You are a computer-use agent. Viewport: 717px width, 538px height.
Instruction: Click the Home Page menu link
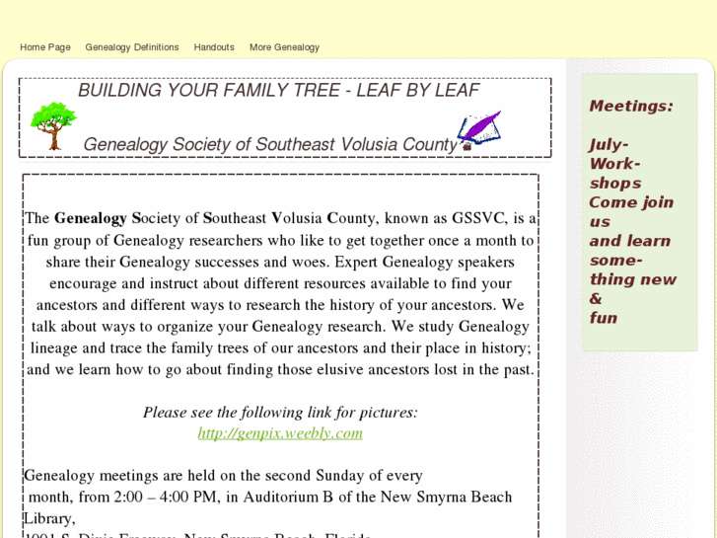click(45, 47)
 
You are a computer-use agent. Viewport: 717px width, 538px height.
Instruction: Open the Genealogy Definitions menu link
click(132, 47)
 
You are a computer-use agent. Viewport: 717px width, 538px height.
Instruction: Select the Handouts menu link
click(214, 47)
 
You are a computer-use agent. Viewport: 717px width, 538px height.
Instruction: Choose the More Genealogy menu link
click(284, 47)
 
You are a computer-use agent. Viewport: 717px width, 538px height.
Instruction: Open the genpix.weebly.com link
click(280, 433)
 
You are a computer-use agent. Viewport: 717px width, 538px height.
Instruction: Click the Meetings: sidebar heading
click(631, 107)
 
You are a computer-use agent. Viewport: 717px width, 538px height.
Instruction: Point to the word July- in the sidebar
click(609, 145)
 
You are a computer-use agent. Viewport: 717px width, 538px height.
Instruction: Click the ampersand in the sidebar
click(596, 299)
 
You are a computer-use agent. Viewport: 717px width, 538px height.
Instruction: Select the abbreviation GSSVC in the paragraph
click(475, 218)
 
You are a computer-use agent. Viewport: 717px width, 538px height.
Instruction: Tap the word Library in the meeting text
click(48, 519)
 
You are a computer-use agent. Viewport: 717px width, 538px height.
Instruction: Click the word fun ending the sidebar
click(604, 318)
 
